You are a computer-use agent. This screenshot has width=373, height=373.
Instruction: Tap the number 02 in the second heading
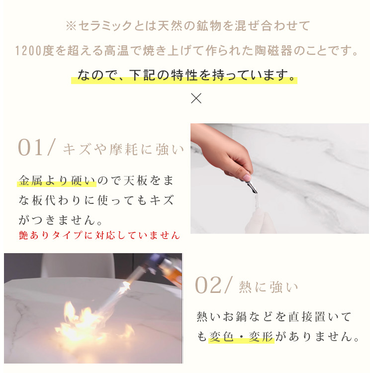(209, 285)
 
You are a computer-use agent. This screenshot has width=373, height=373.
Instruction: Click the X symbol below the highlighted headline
(196, 98)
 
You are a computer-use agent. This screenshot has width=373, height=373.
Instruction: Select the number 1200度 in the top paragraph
(33, 51)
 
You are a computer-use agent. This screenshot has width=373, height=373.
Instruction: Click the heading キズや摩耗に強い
(123, 149)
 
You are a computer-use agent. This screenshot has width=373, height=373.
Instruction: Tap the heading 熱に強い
(269, 286)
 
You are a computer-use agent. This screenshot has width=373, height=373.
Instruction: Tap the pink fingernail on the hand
(246, 178)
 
